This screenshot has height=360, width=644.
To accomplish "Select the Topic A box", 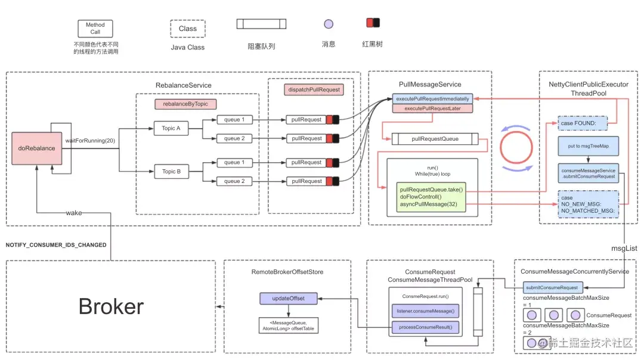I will click(171, 128).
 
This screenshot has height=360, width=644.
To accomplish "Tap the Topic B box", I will click(171, 172).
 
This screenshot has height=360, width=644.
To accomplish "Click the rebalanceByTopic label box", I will click(185, 104).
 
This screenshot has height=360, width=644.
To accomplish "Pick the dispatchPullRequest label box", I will click(314, 90).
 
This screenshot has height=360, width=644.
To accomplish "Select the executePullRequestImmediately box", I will click(432, 98).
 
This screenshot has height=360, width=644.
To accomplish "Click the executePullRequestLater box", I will click(432, 108).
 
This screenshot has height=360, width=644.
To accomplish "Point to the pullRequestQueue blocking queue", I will click(435, 139).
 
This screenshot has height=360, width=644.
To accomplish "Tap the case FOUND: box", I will click(582, 124).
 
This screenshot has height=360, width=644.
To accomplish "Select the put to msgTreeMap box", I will click(588, 146).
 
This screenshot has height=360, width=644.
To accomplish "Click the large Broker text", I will click(111, 306).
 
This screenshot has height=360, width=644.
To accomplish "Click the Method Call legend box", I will click(95, 29).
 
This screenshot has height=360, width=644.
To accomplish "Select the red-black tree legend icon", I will click(373, 23).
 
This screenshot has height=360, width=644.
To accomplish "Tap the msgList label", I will click(624, 248).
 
